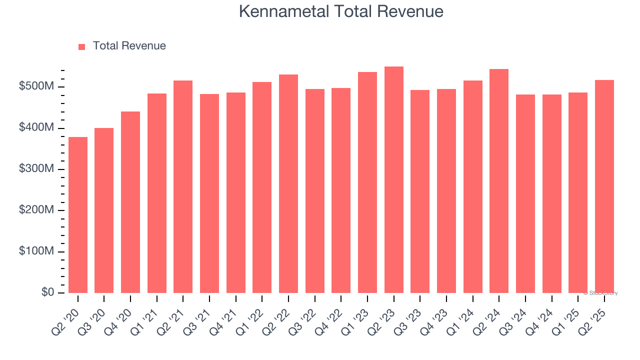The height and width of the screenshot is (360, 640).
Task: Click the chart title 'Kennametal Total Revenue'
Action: point(341,11)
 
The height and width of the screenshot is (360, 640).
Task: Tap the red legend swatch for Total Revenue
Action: point(82,46)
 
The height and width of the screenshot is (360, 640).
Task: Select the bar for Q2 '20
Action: point(78,215)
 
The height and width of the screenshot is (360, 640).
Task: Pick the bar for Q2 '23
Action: point(393,180)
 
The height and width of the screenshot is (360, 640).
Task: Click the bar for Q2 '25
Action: point(604,186)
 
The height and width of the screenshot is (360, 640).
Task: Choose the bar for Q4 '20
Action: point(130,202)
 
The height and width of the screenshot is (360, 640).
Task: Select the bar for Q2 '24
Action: point(499,181)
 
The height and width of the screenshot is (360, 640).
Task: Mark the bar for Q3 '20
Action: point(104,210)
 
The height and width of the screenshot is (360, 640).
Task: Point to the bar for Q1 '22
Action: point(262,187)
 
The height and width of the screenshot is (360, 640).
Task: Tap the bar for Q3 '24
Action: point(525,193)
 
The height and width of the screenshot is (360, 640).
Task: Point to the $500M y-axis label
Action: point(36,87)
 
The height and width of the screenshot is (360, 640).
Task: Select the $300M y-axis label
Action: point(36,169)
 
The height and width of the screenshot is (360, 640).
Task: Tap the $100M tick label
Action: point(36,251)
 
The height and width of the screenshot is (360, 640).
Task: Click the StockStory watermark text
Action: point(600,293)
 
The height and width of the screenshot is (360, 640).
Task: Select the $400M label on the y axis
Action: point(36,128)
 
